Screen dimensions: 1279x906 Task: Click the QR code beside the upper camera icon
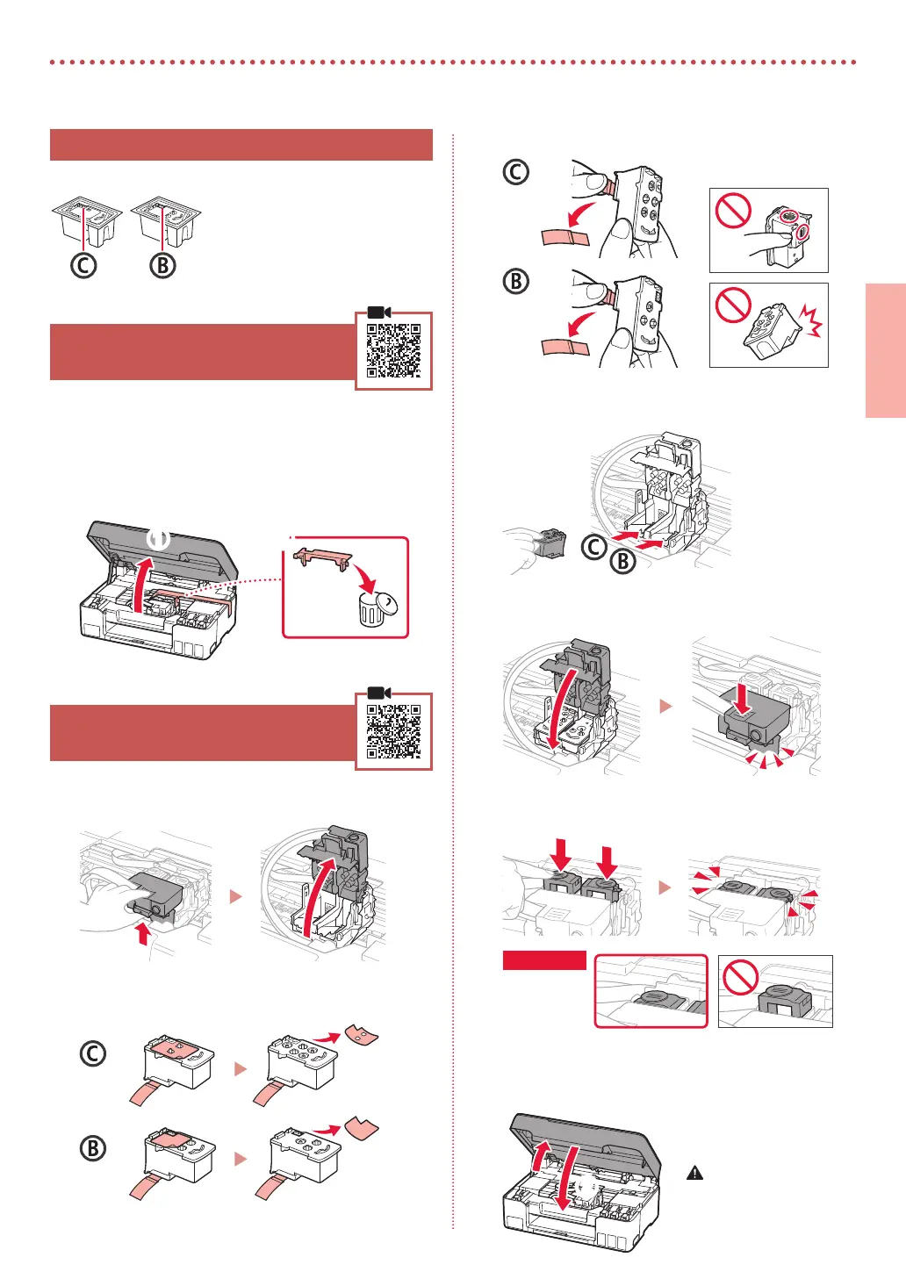point(393,350)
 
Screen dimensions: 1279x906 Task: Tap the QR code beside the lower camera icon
point(393,731)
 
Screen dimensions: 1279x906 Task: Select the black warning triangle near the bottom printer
point(694,1173)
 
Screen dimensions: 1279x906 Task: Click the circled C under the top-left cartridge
point(83,265)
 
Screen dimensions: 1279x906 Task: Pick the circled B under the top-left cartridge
point(162,265)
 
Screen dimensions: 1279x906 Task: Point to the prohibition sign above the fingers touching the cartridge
point(732,211)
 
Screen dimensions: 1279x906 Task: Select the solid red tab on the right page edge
point(885,350)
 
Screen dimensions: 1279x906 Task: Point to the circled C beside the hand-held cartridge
point(594,547)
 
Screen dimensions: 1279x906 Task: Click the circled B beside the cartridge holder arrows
point(622,560)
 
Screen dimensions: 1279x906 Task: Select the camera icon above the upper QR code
point(379,313)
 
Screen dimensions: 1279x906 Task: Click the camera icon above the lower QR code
point(379,693)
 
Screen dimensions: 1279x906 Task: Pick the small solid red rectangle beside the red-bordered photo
point(543,960)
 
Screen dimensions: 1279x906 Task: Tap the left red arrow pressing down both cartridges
point(563,855)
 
